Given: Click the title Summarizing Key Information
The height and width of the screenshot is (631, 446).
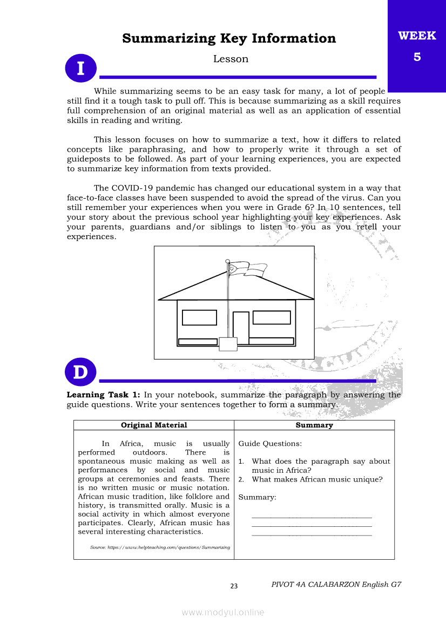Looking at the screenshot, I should pos(229,38).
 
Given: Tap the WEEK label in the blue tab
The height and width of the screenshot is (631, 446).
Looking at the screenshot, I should pos(417,36).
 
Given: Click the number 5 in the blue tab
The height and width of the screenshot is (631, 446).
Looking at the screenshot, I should pos(417,57).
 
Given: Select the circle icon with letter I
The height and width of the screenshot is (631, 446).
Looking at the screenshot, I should pos(81,69).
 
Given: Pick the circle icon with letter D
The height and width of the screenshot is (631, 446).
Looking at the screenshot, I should pos(81,372).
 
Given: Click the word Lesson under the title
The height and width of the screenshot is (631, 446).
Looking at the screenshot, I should pos(231,59).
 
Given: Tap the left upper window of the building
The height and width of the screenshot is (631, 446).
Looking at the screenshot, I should pos(199,317).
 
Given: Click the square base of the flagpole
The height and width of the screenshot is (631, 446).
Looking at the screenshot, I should pos(228,344).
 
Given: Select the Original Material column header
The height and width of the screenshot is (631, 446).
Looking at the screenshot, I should pos(154,425).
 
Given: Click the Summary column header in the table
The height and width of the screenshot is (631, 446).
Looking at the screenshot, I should pos(314,425).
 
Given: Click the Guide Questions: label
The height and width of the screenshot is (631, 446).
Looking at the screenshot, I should pos(270,444).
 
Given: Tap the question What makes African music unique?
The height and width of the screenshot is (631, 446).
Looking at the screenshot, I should pos(317,479).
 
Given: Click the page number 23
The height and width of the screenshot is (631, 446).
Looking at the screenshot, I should pos(234,586).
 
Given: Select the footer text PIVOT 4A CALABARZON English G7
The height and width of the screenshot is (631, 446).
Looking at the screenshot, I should pos(336,585).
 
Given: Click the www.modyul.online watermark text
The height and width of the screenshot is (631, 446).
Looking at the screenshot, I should pos(223,612).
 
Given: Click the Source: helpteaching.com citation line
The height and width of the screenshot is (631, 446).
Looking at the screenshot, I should pos(160,547).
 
